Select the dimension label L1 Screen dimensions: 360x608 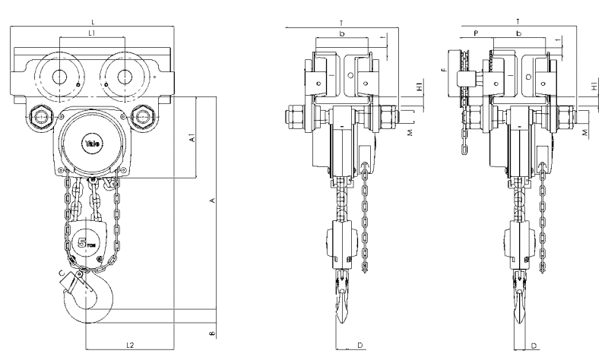coord(91,34)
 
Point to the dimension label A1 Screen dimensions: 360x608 coord(193,139)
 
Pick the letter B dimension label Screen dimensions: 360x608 coord(214,331)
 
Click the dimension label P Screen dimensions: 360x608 coord(475,34)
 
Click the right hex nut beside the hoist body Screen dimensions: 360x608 coord(143,117)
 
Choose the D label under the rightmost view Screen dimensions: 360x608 coord(535,346)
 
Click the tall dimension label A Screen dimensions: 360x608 coord(214,200)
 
